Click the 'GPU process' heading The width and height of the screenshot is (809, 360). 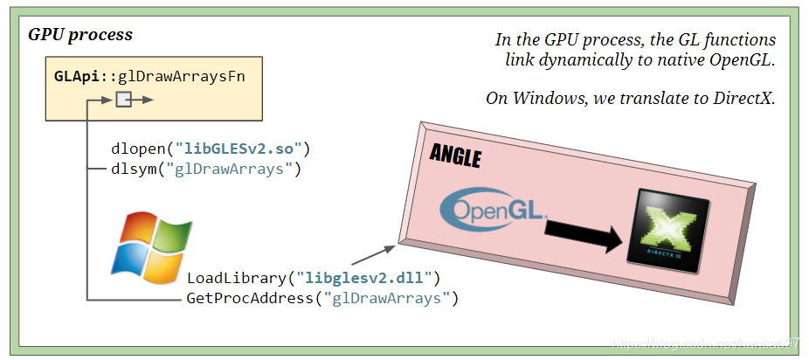point(80,35)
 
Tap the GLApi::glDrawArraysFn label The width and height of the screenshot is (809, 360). point(149,76)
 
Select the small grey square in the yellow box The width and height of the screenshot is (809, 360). point(123,100)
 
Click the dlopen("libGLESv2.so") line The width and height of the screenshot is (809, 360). point(211,149)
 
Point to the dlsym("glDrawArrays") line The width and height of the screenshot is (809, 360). point(206,169)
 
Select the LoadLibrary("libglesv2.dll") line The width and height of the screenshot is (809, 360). point(314,279)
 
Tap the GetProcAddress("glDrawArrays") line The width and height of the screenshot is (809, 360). point(322,299)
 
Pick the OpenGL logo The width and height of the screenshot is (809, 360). point(494,208)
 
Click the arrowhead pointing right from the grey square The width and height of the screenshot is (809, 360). point(149,100)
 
